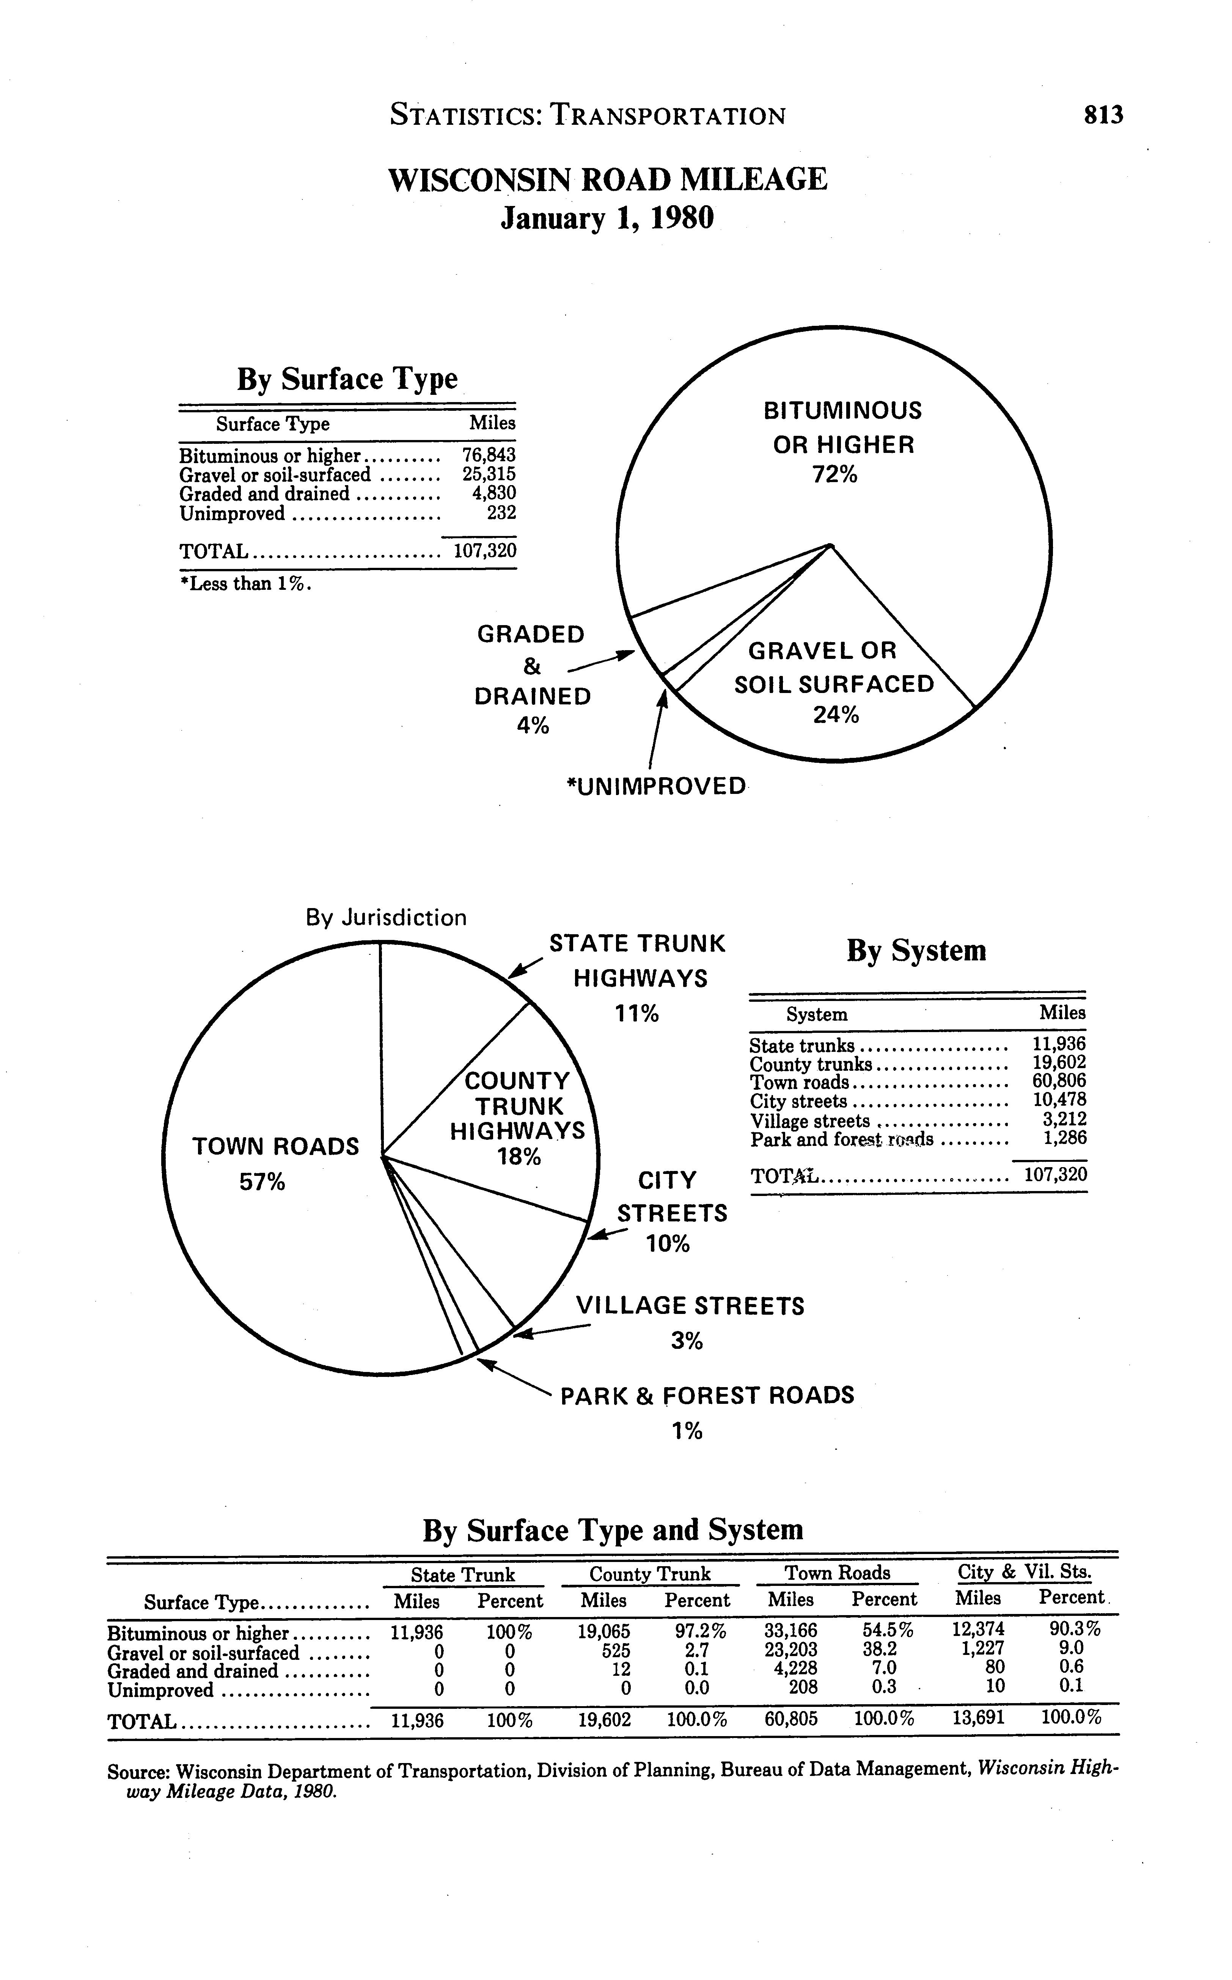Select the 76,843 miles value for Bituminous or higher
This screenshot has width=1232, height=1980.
point(489,455)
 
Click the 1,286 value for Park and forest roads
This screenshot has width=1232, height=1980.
point(1065,1138)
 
